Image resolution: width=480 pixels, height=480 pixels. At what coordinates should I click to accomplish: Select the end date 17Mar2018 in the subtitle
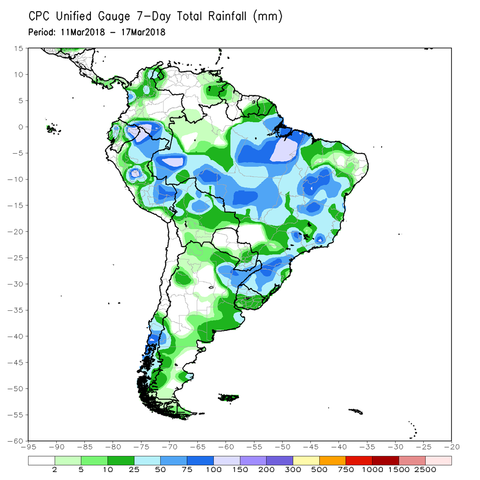[x=142, y=32]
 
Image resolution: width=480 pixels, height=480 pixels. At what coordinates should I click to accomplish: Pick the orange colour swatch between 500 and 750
[x=332, y=461]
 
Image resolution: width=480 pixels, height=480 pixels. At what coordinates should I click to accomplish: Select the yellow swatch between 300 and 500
[x=306, y=461]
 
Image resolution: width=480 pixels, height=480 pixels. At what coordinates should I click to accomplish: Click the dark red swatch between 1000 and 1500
[x=385, y=461]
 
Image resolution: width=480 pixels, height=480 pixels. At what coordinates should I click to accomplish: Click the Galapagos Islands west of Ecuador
[x=52, y=128]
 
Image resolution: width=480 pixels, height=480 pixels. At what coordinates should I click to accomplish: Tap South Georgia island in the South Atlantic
[x=356, y=411]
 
